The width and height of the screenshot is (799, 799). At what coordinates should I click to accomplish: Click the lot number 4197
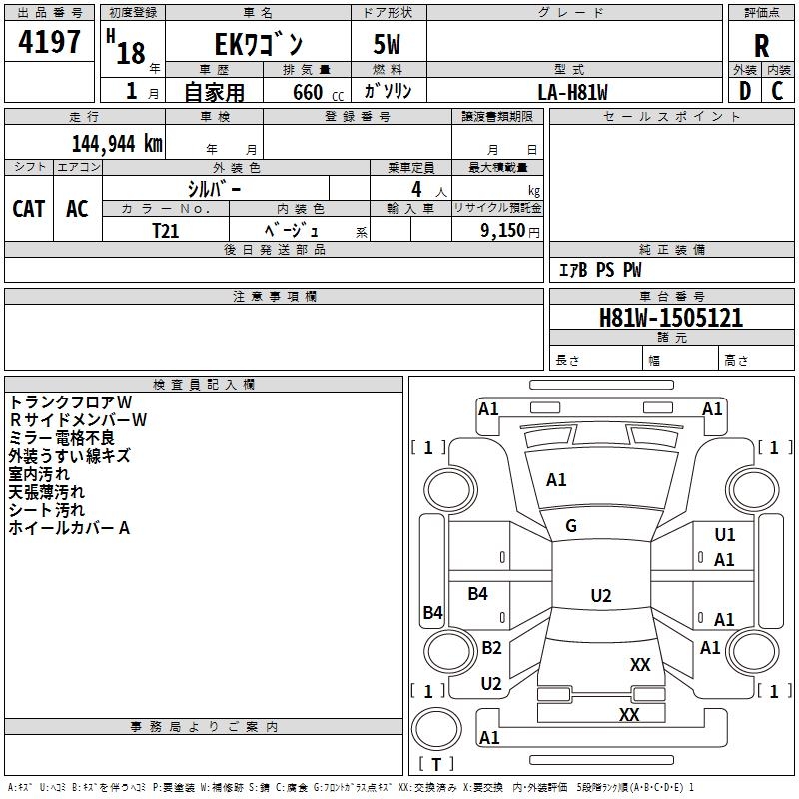[x=50, y=43]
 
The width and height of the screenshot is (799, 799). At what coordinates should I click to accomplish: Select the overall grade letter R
[x=761, y=45]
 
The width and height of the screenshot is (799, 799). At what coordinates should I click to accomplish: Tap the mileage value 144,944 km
[x=117, y=143]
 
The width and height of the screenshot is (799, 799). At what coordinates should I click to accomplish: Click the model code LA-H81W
[x=573, y=92]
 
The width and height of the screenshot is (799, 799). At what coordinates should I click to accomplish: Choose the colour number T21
[x=165, y=230]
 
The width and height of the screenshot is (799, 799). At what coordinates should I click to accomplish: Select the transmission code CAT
[x=29, y=208]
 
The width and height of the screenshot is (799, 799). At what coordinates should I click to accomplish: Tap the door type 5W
[x=389, y=45]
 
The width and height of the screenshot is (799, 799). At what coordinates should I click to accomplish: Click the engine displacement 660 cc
[x=306, y=92]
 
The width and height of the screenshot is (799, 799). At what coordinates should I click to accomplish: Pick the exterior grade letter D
[x=744, y=91]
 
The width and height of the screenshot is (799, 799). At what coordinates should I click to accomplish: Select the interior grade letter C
[x=777, y=91]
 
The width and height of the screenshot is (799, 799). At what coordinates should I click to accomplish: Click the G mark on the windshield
[x=571, y=526]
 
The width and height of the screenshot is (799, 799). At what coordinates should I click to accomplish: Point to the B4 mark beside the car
[x=432, y=613]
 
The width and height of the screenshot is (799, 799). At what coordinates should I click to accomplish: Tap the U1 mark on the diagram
[x=724, y=535]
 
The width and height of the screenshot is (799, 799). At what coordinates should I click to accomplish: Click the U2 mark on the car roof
[x=600, y=596]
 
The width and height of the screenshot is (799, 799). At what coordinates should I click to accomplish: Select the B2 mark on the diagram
[x=491, y=647]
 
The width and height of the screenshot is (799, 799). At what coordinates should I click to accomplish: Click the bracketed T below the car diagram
[x=436, y=764]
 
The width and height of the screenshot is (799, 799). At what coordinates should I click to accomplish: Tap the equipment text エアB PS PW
[x=599, y=270]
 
